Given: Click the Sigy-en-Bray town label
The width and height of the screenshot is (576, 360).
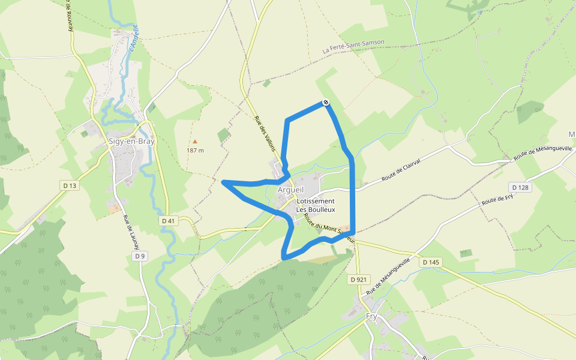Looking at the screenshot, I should pyautogui.click(x=131, y=142).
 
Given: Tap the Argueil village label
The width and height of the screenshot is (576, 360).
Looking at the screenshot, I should pyautogui.click(x=291, y=190).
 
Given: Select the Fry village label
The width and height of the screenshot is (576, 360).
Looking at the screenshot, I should pyautogui.click(x=371, y=317).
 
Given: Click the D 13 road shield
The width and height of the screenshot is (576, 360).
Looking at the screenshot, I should pyautogui.click(x=70, y=186).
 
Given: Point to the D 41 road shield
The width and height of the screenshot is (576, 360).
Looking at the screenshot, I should pyautogui.click(x=169, y=221).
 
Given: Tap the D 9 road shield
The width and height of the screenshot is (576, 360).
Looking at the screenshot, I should pyautogui.click(x=140, y=256).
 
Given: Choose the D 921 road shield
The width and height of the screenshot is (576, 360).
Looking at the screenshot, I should pyautogui.click(x=358, y=279).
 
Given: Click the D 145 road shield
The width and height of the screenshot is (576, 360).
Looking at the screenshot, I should pyautogui.click(x=431, y=262).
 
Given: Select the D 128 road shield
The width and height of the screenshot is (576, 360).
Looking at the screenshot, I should pyautogui.click(x=520, y=187).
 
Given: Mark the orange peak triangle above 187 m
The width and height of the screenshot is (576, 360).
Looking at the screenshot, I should pyautogui.click(x=194, y=141).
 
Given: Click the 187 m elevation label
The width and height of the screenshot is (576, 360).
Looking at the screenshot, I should pyautogui.click(x=195, y=150).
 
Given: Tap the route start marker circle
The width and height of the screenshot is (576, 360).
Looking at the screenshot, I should pyautogui.click(x=326, y=103).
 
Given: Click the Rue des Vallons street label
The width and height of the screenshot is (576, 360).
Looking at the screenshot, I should pyautogui.click(x=264, y=129).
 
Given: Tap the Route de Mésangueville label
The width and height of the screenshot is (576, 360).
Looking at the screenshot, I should pyautogui.click(x=539, y=152).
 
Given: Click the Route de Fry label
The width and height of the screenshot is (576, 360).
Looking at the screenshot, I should pyautogui.click(x=497, y=200).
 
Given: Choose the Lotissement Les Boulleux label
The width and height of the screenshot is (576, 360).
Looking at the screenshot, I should pyautogui.click(x=316, y=205).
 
